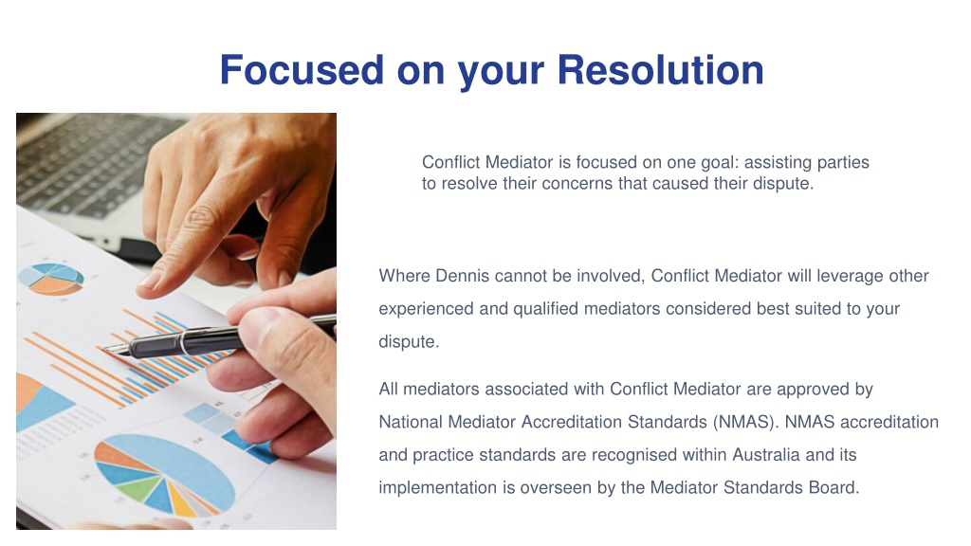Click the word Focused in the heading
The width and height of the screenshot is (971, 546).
pos(302,69)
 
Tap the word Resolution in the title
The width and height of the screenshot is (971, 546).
pos(660,69)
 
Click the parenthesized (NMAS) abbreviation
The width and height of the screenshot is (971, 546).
pos(744,422)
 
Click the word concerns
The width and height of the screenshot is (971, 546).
pos(570,184)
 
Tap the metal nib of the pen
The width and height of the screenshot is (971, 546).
pos(116,351)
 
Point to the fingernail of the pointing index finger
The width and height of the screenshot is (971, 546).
pos(152,280)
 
